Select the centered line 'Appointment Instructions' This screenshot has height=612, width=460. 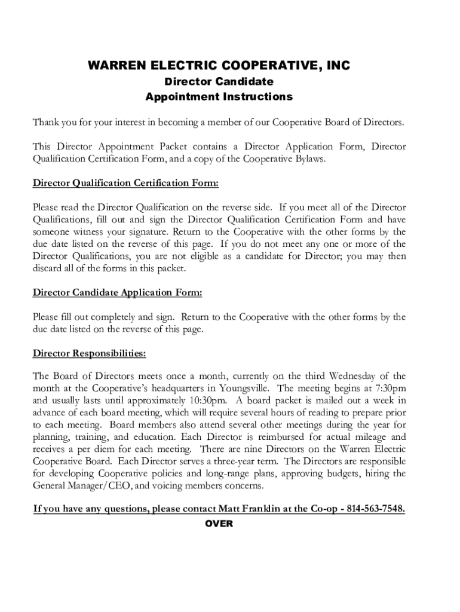point(219,96)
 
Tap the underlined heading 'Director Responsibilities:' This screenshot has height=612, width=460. point(89,353)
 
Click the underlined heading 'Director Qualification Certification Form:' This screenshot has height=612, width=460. point(125,183)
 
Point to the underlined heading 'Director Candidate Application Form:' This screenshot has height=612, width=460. point(118,292)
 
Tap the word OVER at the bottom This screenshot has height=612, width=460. point(219,524)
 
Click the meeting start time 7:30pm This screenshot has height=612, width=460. point(391,388)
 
